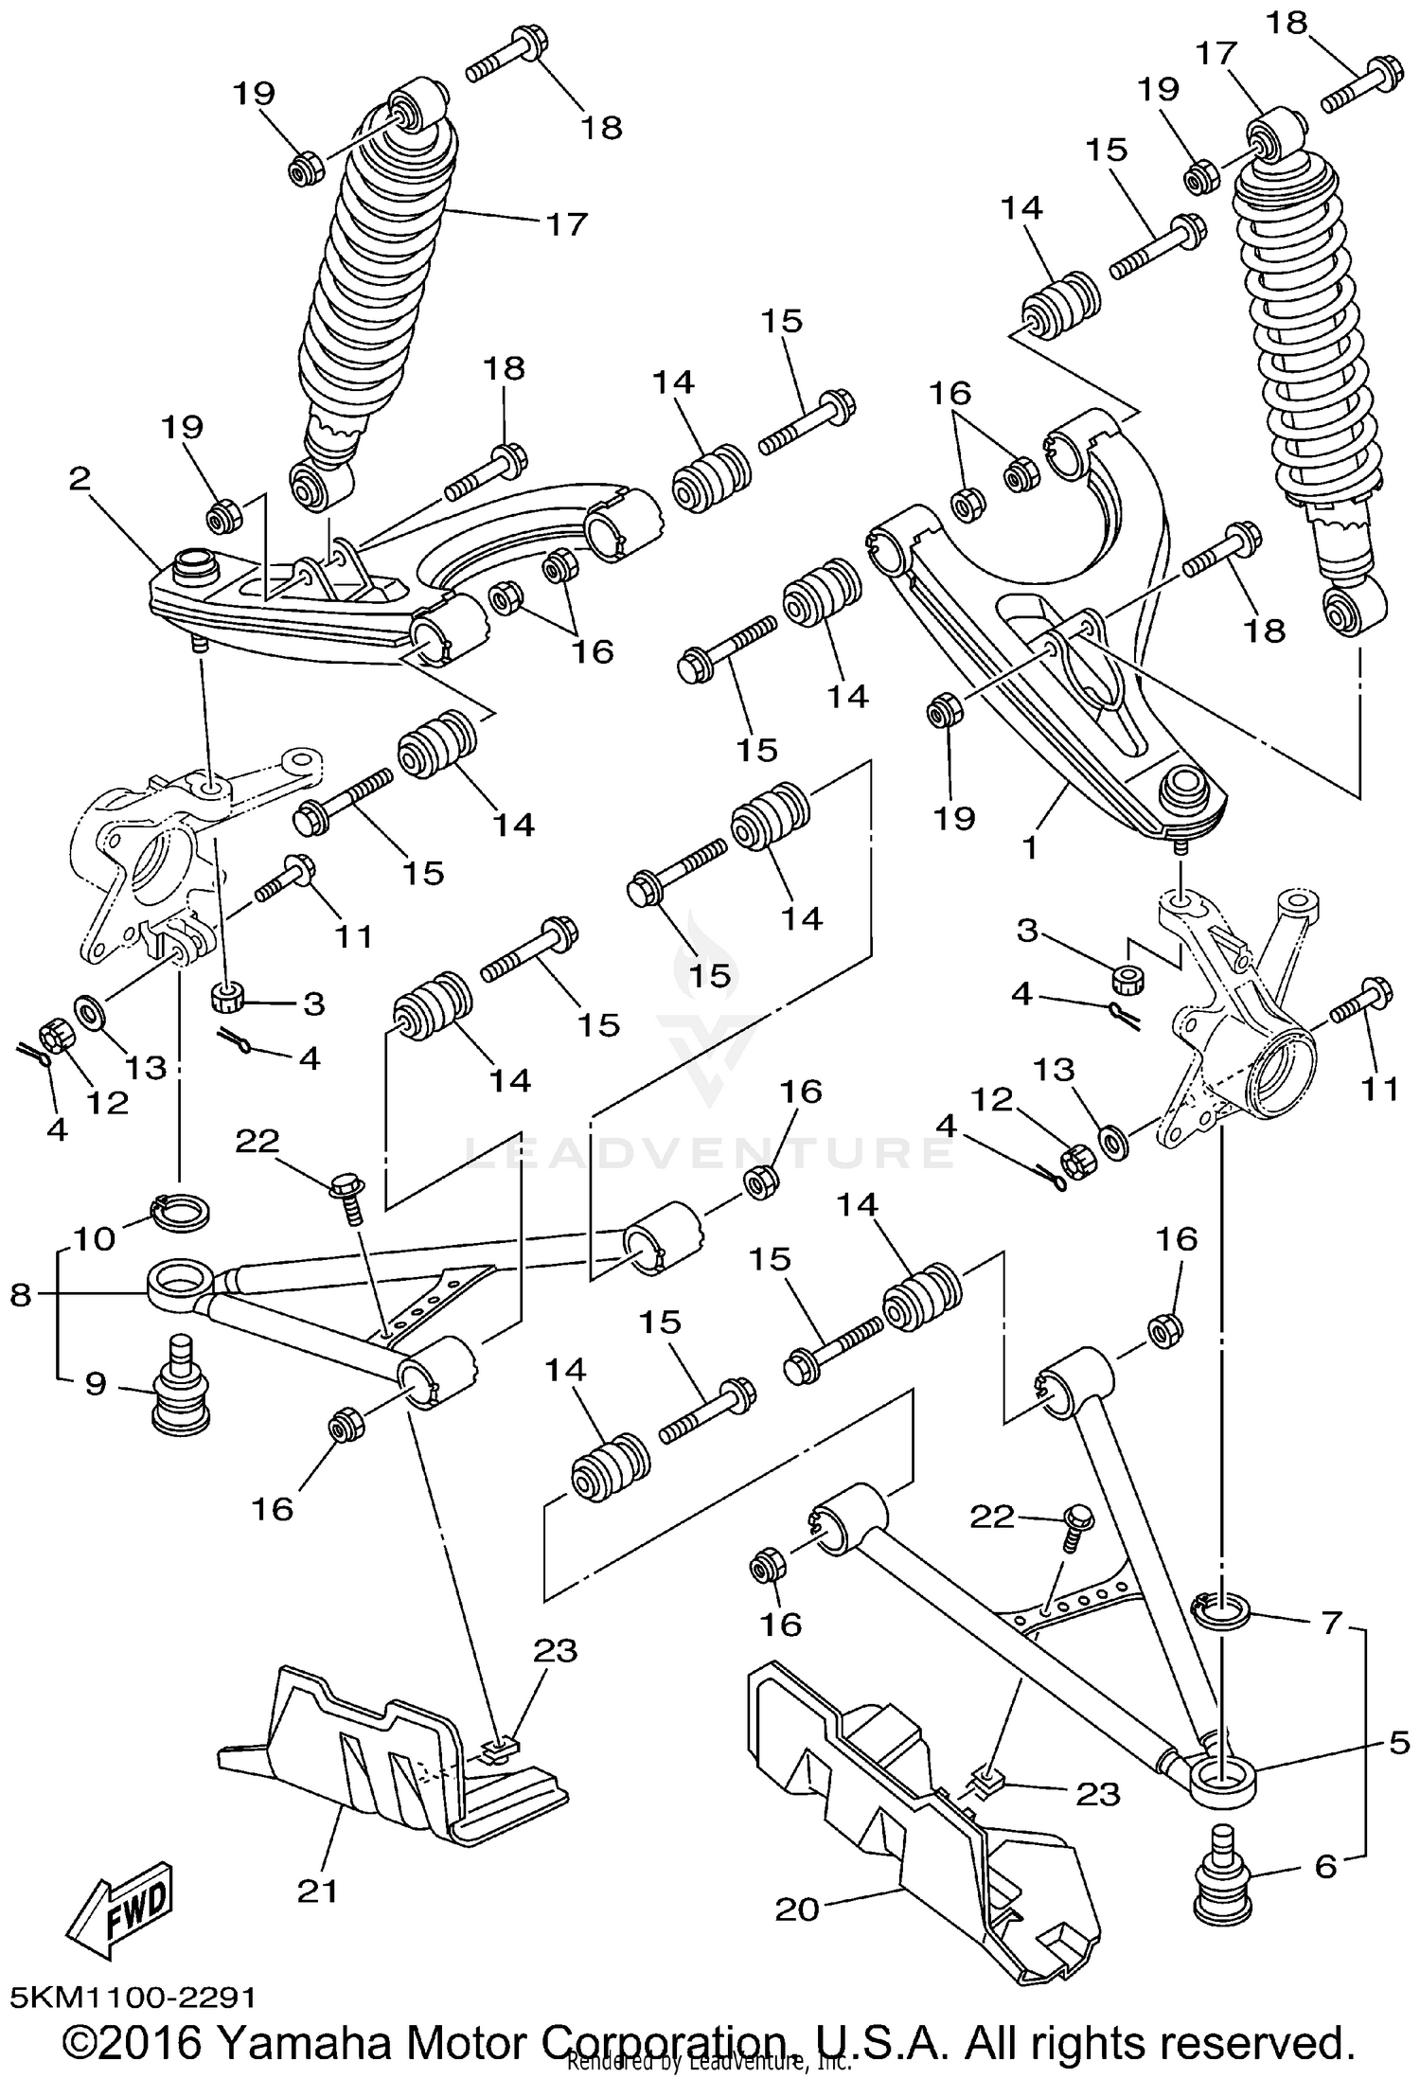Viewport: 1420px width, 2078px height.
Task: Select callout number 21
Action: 317,1892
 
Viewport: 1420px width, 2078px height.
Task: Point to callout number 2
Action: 80,478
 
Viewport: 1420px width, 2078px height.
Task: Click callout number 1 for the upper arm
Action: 1030,845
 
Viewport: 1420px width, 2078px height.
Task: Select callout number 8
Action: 21,1294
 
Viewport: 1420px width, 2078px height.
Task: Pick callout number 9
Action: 96,1384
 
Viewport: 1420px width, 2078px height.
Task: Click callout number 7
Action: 1332,1624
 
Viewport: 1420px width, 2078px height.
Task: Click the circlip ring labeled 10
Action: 181,1212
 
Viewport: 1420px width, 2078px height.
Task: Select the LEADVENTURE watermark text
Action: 710,1152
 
